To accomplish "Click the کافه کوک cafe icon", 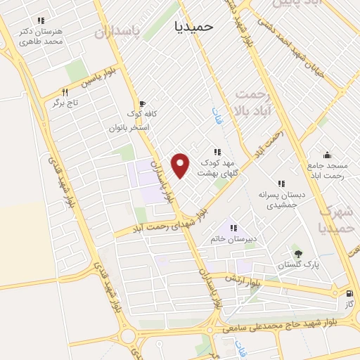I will [143, 103].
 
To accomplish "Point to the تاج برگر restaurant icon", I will [65, 92].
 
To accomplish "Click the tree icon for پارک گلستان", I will [299, 254].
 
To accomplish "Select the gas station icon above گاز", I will [349, 293].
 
